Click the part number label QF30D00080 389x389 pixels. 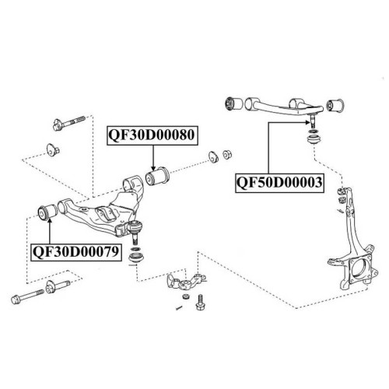point(152,135)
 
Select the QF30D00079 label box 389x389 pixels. point(76,252)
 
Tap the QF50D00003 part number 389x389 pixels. point(279,183)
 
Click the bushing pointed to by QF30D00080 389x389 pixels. point(157,177)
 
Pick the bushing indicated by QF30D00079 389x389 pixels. point(47,212)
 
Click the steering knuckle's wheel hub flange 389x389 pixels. point(362,270)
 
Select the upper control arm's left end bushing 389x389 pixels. point(233,103)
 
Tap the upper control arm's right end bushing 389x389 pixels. point(335,104)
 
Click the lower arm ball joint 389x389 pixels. point(135,230)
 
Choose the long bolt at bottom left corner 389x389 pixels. point(27,296)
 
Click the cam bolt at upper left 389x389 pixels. point(69,123)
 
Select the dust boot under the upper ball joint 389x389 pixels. point(314,141)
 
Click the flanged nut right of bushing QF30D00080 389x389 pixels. point(227,154)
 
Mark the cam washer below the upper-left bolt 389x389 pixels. point(53,150)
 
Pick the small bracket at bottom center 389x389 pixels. point(186,282)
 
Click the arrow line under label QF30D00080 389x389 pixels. point(153,158)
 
